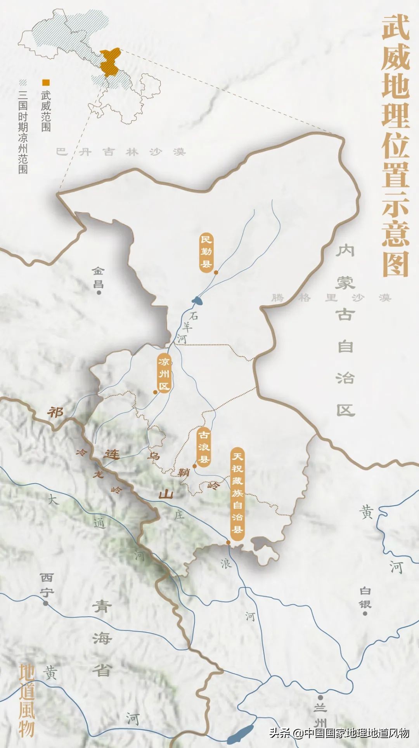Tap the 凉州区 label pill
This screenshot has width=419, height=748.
pos(164,374)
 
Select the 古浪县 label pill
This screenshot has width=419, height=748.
pos(204,447)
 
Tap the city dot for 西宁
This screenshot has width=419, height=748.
pos(46,603)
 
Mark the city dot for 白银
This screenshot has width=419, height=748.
pos(365,613)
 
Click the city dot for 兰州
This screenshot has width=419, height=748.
pos(320,697)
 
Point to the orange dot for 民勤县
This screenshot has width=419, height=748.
pos(216,273)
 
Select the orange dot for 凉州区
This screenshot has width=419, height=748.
pos(155,392)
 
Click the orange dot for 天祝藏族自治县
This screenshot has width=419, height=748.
pos(229,543)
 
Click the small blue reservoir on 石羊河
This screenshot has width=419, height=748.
pos(197,300)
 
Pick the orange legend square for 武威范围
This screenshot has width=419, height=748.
pos(46,82)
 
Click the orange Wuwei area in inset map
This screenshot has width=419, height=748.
pos(109,62)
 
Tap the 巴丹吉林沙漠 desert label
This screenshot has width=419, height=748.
pos(121,151)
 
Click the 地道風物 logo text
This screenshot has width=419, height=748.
pos(27,699)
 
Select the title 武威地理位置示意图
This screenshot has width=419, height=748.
pos(395,146)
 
